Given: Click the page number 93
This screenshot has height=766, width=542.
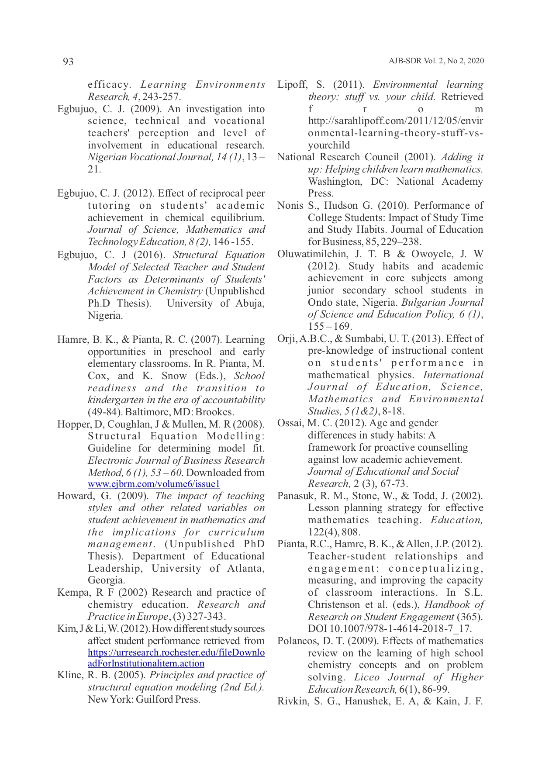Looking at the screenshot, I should click(69, 62).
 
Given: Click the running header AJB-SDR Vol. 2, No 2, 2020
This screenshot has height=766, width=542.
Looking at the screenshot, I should click(436, 61).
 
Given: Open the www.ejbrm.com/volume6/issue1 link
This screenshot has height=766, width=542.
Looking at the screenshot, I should click(154, 484).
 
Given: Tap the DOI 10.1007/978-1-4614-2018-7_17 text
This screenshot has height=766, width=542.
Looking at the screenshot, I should click(390, 629).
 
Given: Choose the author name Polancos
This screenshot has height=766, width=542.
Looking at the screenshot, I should click(296, 641).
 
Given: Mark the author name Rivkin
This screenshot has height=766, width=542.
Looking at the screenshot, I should click(292, 701).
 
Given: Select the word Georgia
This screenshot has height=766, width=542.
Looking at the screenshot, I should click(106, 580).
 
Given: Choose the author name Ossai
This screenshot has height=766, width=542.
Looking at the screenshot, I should click(290, 423).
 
